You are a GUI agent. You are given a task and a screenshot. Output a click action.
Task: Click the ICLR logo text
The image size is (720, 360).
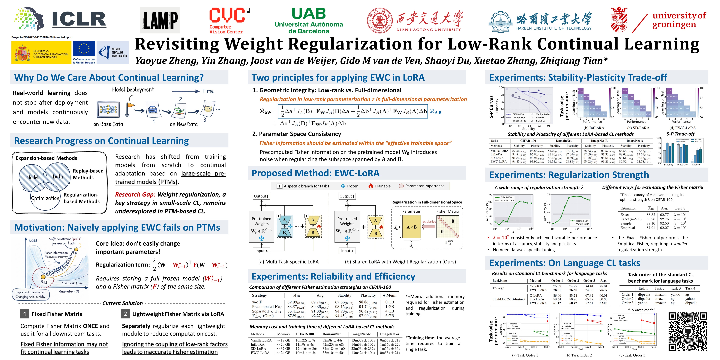(x=79, y=19)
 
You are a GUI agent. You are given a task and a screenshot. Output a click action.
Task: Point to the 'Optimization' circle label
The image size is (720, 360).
(x=45, y=198)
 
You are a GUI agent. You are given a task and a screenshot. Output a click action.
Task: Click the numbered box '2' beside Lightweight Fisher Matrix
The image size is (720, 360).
(x=125, y=314)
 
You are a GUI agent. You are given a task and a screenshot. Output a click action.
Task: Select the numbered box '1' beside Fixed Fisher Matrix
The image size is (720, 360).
(x=25, y=314)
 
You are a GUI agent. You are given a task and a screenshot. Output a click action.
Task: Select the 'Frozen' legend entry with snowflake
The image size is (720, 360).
(x=349, y=186)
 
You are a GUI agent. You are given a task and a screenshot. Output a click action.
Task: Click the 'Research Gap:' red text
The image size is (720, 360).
(x=135, y=195)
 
